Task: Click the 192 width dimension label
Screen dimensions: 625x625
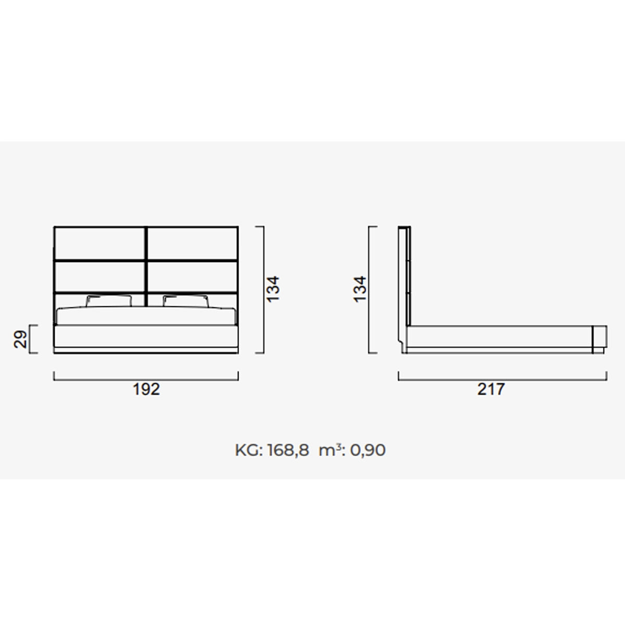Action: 146,389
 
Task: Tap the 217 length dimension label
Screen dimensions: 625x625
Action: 491,389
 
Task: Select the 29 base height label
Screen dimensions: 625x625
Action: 20,339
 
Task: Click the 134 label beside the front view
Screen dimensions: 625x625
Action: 272,289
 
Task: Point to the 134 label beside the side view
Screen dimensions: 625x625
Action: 360,289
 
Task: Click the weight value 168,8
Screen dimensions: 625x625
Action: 289,451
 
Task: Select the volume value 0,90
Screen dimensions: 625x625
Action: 368,451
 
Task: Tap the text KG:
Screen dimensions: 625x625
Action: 249,451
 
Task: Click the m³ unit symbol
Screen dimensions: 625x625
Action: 328,450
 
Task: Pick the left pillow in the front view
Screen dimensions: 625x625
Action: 109,301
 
